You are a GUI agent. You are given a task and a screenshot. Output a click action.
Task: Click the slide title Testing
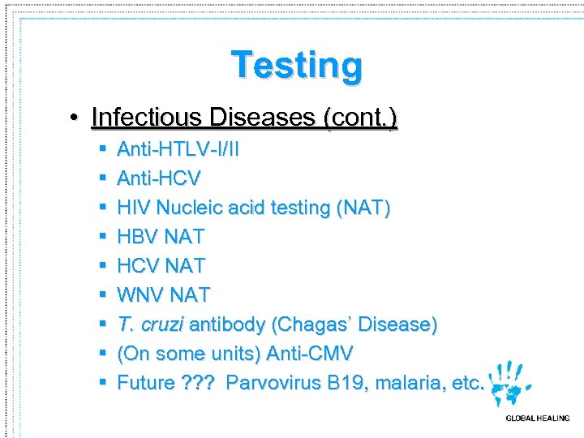pos(296,65)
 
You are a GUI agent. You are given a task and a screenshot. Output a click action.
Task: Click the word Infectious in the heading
pos(147,118)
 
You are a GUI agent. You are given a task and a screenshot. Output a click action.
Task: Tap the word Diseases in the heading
pos(263,118)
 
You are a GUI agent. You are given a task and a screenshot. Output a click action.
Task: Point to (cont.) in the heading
pos(360,118)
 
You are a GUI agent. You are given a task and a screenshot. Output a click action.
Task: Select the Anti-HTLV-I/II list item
pos(178,149)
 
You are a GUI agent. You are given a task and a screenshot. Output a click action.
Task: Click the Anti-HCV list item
pos(159,178)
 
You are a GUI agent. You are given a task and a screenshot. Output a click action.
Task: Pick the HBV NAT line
pos(161,237)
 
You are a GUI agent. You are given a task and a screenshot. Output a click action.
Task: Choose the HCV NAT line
pos(161,266)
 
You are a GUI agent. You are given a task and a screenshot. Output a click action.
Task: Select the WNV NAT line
pos(163,295)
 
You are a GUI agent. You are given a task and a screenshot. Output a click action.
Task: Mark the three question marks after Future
pos(197,383)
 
